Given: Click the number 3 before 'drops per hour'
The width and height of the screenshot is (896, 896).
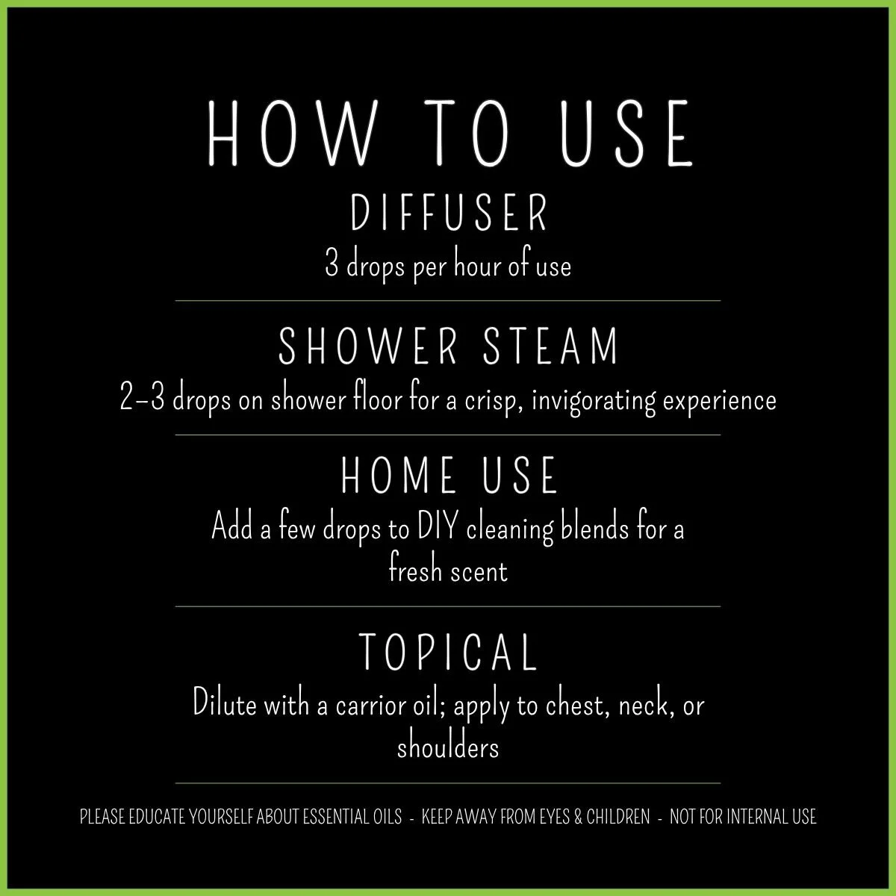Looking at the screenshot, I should pos(332,266).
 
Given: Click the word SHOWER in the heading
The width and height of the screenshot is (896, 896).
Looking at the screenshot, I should pos(366,346).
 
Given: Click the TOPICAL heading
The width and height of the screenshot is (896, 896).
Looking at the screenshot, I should pos(449,651).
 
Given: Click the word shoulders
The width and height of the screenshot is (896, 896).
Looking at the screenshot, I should pos(448,746).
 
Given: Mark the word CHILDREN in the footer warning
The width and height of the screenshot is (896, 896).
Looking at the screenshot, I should pos(617,817).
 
